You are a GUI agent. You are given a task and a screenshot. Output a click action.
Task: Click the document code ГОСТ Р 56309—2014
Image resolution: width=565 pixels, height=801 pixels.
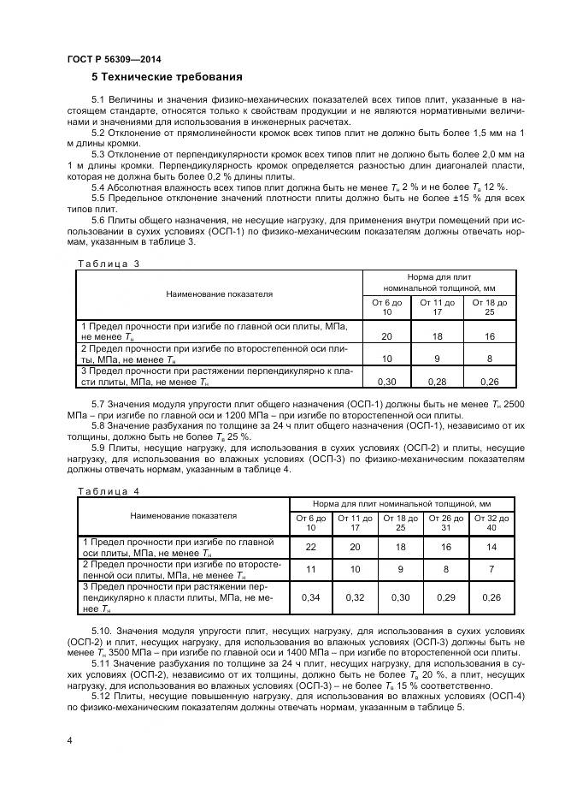pos(114,59)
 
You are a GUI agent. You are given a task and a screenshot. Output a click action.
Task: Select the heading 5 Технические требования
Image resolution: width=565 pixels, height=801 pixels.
pos(168,76)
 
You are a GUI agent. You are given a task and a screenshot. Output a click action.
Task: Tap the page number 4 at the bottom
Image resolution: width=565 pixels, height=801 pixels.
pos(69,739)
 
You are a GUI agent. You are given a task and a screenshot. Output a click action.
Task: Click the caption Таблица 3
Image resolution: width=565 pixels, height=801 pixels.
pos(108,264)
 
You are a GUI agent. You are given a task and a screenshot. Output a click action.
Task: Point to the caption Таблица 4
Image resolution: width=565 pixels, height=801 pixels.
pos(108,490)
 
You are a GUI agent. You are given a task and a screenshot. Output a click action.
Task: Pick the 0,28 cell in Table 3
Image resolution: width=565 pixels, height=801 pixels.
pos(438,380)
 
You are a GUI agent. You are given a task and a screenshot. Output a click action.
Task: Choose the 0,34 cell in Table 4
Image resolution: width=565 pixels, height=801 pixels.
pos(310,596)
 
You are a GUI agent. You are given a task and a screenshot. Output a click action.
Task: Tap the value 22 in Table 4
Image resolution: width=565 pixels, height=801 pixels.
pos(310,547)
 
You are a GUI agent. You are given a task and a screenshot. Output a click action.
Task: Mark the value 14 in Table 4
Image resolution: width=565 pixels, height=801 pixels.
pos(491,547)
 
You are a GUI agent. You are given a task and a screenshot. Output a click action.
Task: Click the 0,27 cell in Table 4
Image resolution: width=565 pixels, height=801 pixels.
pos(491,596)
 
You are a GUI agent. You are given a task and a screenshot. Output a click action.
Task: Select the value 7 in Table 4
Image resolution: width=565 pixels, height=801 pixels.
pos(491,568)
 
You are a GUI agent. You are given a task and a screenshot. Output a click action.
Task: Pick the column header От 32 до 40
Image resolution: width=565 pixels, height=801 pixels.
pos(491,523)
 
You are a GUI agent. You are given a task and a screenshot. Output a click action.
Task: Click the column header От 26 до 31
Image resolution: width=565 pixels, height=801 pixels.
pos(444,523)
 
